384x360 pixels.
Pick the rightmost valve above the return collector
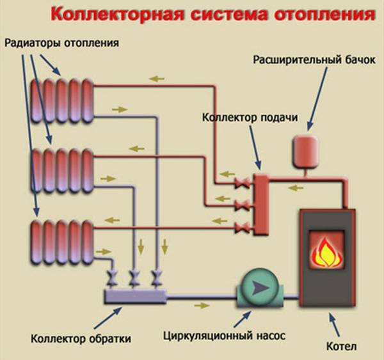point(156,278)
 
